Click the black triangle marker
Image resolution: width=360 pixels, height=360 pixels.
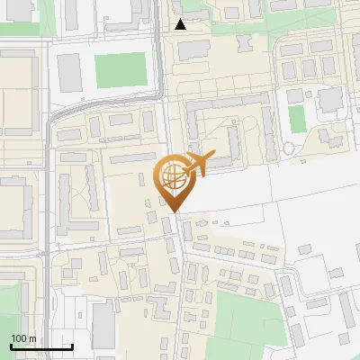pyautogui.click(x=181, y=24)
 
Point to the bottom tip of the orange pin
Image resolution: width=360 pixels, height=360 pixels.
pyautogui.click(x=173, y=213)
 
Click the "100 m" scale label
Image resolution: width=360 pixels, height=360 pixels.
pyautogui.click(x=23, y=338)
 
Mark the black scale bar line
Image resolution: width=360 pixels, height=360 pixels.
pyautogui.click(x=41, y=347)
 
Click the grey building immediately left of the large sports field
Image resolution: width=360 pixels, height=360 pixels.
pyautogui.click(x=70, y=71)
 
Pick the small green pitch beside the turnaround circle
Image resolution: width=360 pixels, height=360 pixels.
pyautogui.click(x=296, y=119)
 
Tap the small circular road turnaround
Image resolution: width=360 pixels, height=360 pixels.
pyautogui.click(x=289, y=148)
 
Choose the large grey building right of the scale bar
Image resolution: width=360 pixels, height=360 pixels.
pyautogui.click(x=103, y=325)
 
